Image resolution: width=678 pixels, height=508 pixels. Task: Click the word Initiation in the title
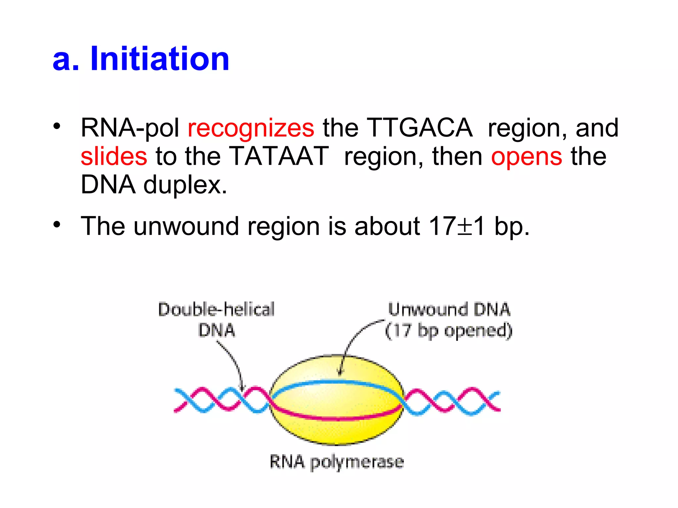click(160, 59)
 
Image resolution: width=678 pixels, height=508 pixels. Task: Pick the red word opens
click(526, 157)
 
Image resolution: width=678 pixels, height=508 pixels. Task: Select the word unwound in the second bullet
click(186, 226)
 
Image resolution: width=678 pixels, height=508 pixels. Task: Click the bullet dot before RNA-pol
click(57, 126)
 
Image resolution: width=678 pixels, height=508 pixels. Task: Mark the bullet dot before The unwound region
click(57, 225)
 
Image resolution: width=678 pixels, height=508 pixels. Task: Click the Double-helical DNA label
click(217, 319)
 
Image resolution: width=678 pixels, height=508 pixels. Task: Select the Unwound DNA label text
click(449, 310)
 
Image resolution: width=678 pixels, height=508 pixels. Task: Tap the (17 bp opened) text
click(449, 331)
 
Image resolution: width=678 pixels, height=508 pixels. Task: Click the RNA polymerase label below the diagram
click(337, 462)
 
